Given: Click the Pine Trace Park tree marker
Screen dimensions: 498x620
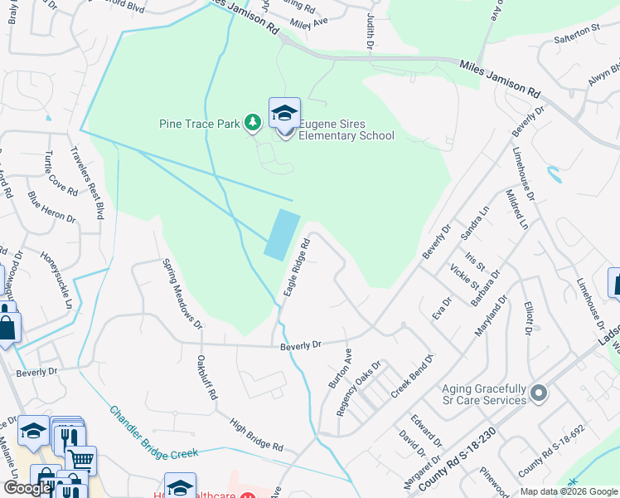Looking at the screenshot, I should click(253, 124).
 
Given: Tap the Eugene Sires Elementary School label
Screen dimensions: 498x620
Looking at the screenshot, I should click(346, 129).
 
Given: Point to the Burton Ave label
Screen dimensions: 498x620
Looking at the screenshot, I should click(340, 369).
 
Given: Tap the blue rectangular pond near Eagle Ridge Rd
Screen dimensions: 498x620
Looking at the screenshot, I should click(282, 233).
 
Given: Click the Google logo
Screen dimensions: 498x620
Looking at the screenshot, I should click(27, 488).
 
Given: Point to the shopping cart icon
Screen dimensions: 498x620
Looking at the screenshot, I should click(81, 459).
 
